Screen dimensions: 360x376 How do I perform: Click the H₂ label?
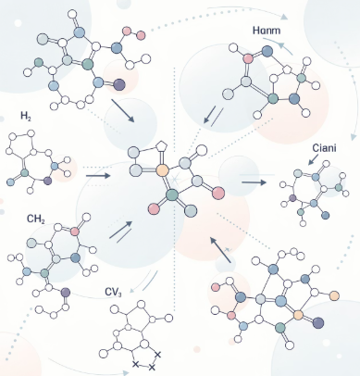click(26, 116)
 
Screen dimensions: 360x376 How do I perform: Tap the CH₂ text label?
click(36, 219)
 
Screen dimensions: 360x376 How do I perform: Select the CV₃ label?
click(113, 292)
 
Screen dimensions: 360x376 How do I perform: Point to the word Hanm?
click(267, 31)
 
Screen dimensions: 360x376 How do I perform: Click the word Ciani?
click(324, 148)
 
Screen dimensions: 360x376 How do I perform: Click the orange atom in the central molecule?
click(162, 170)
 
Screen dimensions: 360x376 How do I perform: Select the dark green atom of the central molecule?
click(172, 195)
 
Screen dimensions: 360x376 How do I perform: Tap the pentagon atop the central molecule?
click(161, 146)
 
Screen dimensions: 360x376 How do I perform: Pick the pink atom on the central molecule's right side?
click(218, 193)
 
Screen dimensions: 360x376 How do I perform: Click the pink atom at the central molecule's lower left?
click(154, 209)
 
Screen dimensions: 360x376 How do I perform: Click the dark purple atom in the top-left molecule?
click(119, 84)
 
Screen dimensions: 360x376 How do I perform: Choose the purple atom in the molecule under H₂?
click(47, 181)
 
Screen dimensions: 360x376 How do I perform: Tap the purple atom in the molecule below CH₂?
click(66, 292)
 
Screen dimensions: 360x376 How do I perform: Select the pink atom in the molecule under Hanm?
click(248, 58)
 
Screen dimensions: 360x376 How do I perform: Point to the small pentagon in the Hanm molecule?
click(288, 69)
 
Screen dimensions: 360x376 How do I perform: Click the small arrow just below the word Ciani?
click(313, 160)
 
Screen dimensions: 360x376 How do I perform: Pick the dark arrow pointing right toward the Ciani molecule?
click(254, 182)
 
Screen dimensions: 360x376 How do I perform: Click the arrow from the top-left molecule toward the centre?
click(123, 110)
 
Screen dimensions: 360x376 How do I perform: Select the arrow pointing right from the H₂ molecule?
click(98, 176)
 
